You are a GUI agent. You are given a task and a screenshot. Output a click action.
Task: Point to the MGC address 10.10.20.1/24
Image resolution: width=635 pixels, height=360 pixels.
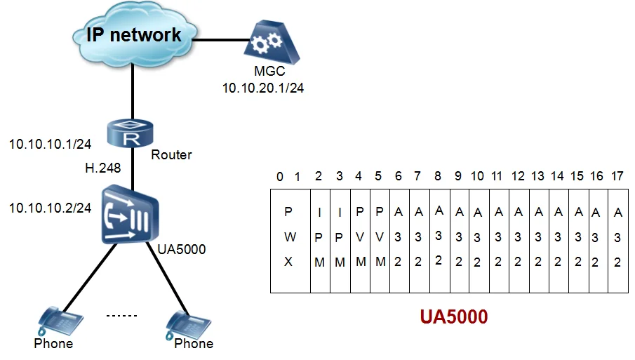click(x=263, y=88)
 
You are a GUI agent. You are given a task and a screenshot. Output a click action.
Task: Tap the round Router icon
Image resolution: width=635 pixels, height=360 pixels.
click(x=130, y=133)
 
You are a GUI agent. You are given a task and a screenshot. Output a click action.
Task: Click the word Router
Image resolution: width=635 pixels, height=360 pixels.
click(x=171, y=154)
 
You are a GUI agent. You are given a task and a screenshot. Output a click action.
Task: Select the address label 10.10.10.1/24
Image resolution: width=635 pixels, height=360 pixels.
click(x=50, y=145)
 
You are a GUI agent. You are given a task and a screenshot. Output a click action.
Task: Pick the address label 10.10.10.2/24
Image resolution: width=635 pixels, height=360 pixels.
click(x=50, y=208)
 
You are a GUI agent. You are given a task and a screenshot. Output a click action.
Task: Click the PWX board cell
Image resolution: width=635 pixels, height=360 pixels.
click(x=290, y=237)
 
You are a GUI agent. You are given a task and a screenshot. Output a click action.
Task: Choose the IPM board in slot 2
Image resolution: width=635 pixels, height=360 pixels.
click(x=319, y=237)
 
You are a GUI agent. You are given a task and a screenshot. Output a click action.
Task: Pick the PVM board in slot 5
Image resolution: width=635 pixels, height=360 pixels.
click(x=380, y=237)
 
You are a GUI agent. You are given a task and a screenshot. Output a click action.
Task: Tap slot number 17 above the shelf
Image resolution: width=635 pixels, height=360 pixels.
click(x=617, y=175)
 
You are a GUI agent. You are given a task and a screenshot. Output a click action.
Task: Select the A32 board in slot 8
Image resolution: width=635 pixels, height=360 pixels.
click(x=439, y=236)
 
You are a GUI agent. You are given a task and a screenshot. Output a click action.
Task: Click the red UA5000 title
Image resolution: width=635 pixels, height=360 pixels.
click(x=453, y=316)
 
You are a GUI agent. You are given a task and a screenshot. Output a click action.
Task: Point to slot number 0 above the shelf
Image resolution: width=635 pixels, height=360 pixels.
click(x=280, y=176)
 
